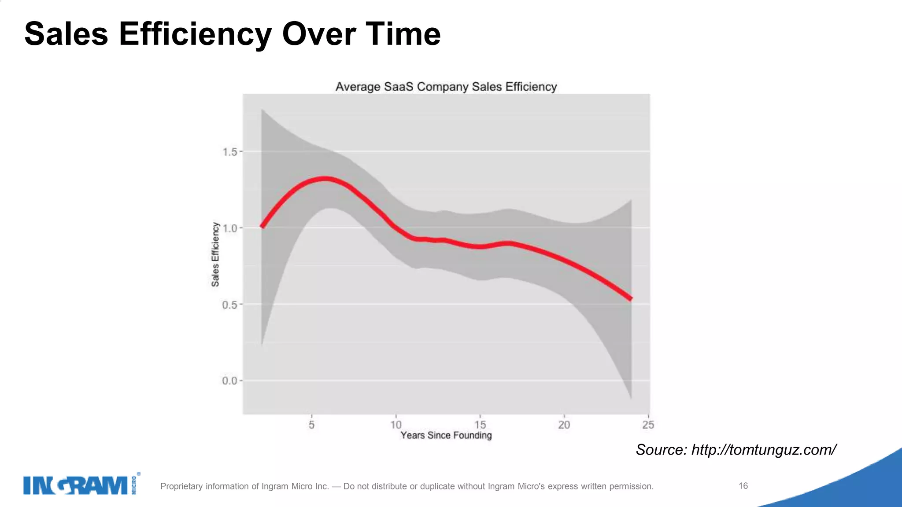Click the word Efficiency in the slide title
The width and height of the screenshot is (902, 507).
pyautogui.click(x=195, y=34)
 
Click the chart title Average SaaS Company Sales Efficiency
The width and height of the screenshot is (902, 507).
pyautogui.click(x=446, y=87)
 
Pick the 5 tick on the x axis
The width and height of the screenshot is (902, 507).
pyautogui.click(x=311, y=425)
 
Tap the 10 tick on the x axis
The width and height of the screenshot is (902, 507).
pyautogui.click(x=396, y=425)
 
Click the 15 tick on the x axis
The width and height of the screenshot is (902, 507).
pyautogui.click(x=480, y=425)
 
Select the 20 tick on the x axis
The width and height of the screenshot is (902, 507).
pyautogui.click(x=564, y=425)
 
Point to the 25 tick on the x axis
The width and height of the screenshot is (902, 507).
pyautogui.click(x=648, y=425)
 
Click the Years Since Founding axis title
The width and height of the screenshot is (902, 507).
pyautogui.click(x=446, y=435)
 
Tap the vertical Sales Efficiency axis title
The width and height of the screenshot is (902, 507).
pyautogui.click(x=215, y=254)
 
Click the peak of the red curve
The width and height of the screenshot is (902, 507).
pyautogui.click(x=325, y=179)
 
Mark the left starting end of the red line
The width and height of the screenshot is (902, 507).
pyautogui.click(x=262, y=226)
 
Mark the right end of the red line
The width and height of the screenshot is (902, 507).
pyautogui.click(x=631, y=299)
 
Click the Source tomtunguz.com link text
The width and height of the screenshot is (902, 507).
pyautogui.click(x=736, y=450)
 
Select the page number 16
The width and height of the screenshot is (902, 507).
pyautogui.click(x=743, y=486)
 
